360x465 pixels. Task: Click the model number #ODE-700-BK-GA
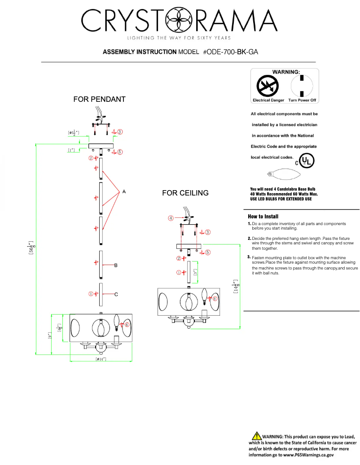(x=230, y=52)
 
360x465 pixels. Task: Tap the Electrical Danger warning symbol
(x=268, y=85)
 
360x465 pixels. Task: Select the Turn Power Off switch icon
(x=302, y=85)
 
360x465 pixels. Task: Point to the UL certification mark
(x=307, y=160)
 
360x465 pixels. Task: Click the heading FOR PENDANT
(x=99, y=99)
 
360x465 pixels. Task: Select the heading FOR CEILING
(x=185, y=193)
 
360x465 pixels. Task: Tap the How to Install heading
(x=263, y=216)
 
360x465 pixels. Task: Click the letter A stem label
(x=124, y=192)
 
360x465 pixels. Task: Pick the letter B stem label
(x=116, y=266)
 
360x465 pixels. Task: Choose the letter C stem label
(x=116, y=295)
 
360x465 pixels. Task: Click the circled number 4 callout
(x=171, y=218)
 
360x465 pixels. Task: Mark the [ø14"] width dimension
(x=101, y=360)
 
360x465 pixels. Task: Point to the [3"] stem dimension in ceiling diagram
(x=195, y=273)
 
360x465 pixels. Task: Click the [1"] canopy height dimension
(x=71, y=150)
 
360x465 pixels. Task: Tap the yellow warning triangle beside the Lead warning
(x=256, y=435)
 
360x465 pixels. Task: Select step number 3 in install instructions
(x=249, y=257)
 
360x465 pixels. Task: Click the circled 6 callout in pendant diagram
(x=127, y=325)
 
